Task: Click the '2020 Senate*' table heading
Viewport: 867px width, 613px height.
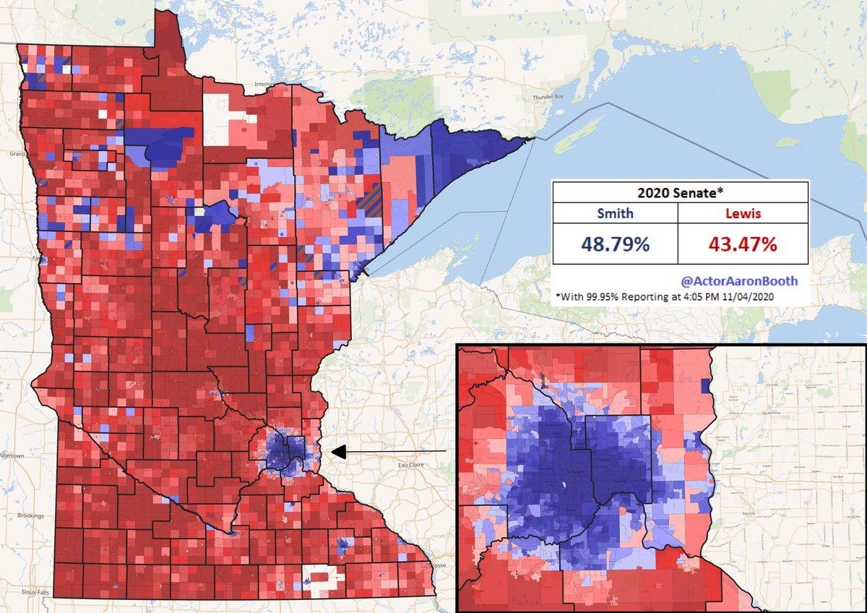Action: click(x=679, y=192)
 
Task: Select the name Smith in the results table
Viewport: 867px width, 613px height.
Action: click(x=615, y=214)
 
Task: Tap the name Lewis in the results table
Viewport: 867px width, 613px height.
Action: click(x=742, y=214)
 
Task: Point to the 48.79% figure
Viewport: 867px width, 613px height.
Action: click(x=615, y=244)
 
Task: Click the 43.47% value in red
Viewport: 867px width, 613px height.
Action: click(x=742, y=244)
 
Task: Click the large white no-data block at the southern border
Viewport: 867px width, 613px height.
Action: click(x=322, y=576)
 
